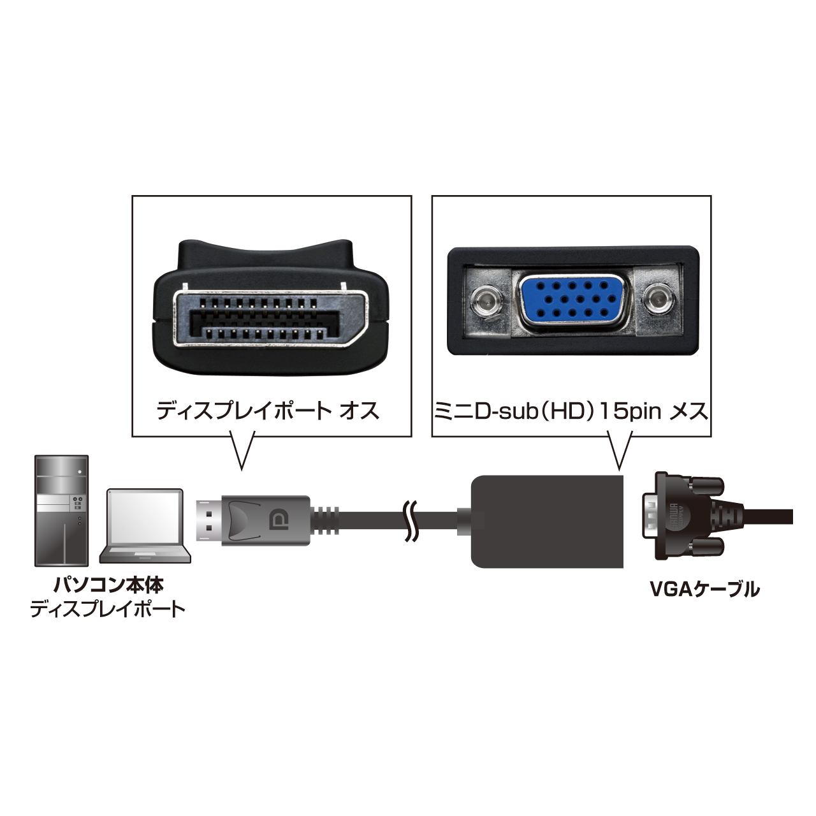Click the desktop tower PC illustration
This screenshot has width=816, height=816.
pyautogui.click(x=61, y=511)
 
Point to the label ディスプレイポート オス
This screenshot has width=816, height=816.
pyautogui.click(x=268, y=411)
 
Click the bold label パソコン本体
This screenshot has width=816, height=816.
pyautogui.click(x=108, y=584)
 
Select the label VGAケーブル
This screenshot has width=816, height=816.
pyautogui.click(x=704, y=588)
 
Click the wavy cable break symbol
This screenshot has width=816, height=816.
pyautogui.click(x=411, y=520)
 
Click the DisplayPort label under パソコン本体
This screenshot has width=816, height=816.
pyautogui.click(x=108, y=609)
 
